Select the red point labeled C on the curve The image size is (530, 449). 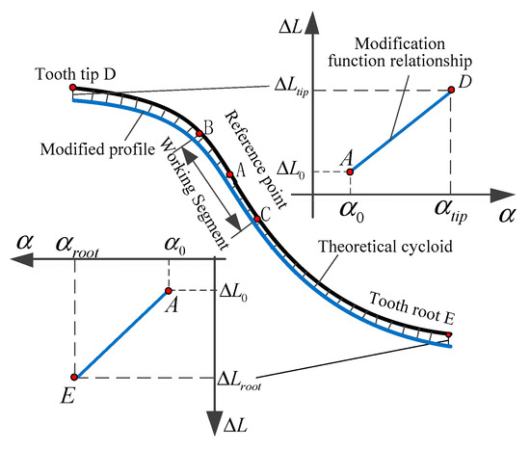[x=256, y=220]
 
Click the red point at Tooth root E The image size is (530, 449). [x=449, y=334]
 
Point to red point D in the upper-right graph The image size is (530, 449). [x=451, y=91]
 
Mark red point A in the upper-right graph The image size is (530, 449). [x=350, y=172]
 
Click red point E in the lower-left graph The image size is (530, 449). [x=74, y=377]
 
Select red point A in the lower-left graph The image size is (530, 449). [x=169, y=290]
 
